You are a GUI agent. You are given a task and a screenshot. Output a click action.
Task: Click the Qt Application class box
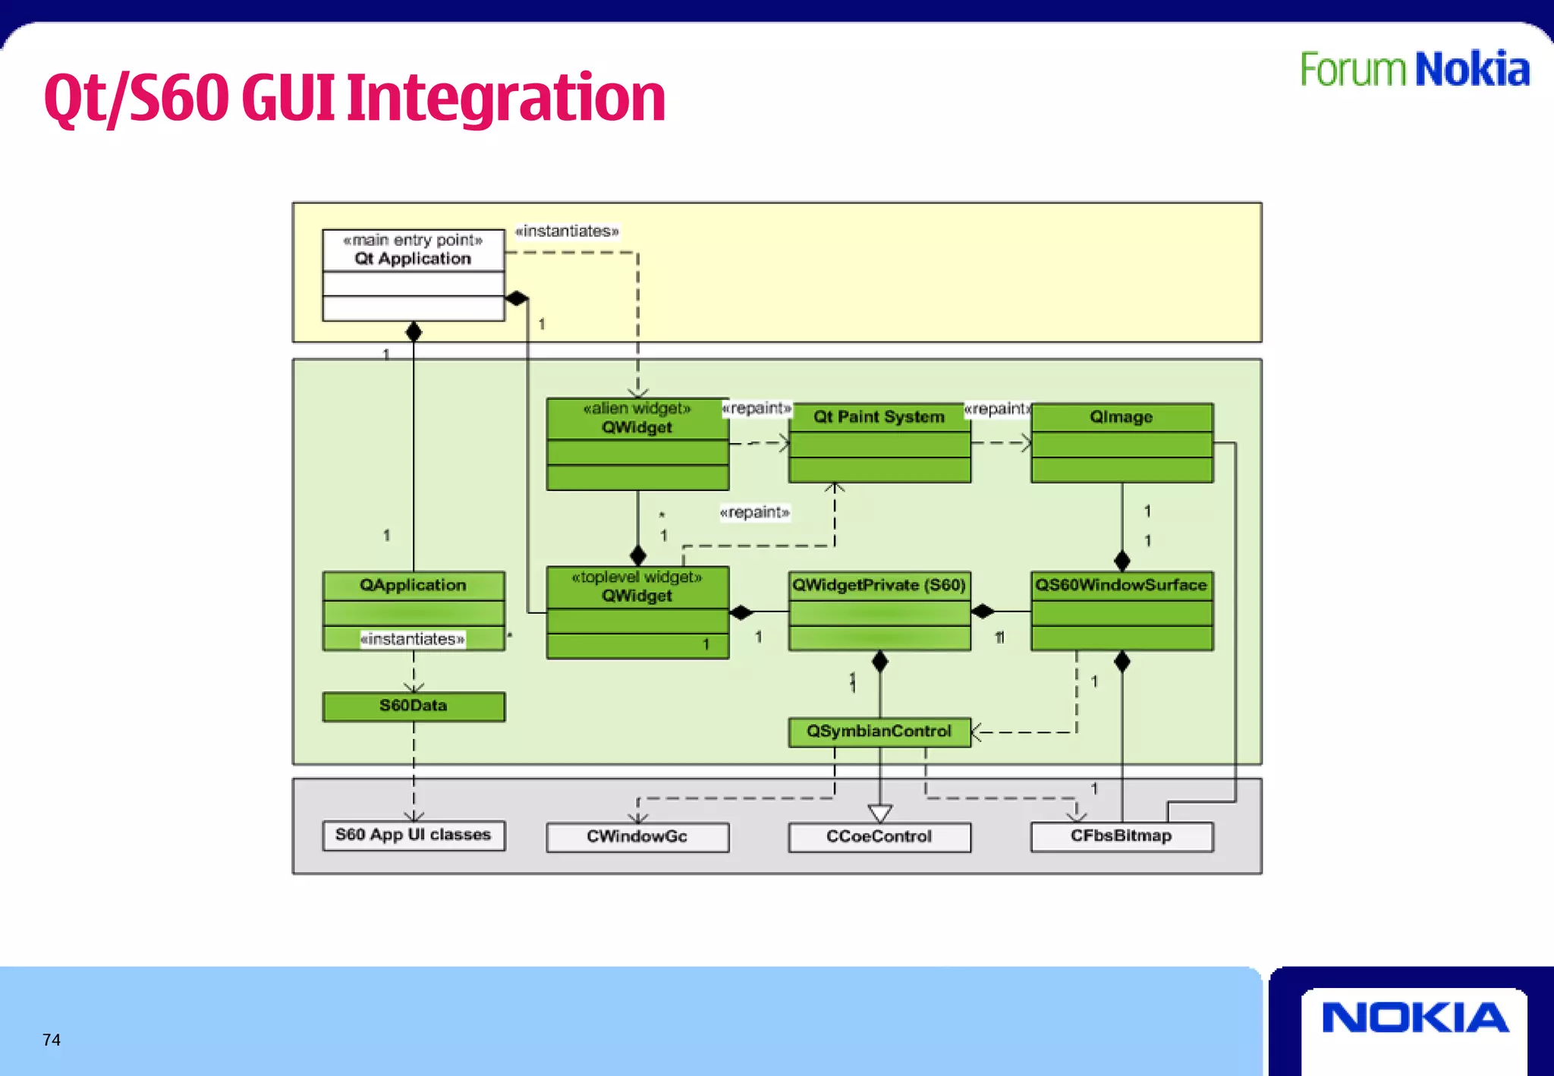point(413,275)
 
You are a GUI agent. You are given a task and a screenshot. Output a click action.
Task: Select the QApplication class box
point(413,586)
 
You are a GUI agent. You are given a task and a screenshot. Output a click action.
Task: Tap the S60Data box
point(413,706)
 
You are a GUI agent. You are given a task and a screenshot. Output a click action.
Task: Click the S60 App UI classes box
point(413,835)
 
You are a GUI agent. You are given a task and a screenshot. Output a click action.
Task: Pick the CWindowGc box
point(637,836)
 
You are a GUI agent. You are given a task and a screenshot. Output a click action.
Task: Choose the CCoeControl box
point(879,836)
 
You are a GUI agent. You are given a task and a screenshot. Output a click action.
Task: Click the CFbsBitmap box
point(1121,835)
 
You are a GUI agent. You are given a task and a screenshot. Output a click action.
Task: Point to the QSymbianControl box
point(879,731)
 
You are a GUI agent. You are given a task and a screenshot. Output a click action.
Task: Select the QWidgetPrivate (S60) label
point(879,585)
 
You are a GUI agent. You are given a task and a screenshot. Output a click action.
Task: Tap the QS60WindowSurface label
point(1121,585)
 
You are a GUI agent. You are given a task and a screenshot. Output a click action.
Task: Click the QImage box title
point(1121,417)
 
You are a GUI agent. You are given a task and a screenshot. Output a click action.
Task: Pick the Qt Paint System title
point(879,417)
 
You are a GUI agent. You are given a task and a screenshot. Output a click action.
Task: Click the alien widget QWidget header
point(637,418)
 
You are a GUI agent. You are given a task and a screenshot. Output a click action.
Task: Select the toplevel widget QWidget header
point(637,587)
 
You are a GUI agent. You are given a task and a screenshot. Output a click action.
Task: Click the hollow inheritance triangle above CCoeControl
point(879,813)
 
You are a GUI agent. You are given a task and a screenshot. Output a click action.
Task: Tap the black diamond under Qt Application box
point(414,332)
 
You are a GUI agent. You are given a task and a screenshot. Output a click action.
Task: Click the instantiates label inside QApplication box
point(413,639)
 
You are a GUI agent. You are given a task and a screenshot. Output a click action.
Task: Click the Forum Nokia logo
point(1414,70)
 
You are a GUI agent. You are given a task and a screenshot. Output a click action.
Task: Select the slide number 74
point(52,1040)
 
